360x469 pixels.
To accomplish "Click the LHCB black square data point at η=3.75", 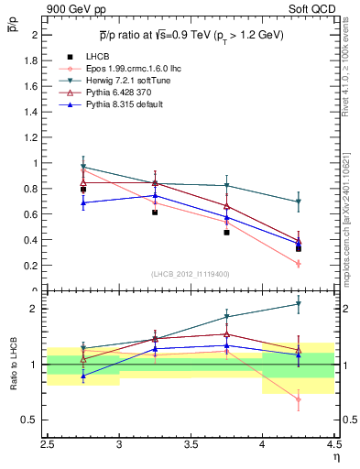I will point(226,233).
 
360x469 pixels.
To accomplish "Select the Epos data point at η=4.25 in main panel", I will point(298,264).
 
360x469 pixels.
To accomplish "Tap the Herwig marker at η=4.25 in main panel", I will point(298,202).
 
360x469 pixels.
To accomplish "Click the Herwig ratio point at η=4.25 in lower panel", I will point(298,304).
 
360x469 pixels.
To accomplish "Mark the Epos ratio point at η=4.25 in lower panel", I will point(298,399).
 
